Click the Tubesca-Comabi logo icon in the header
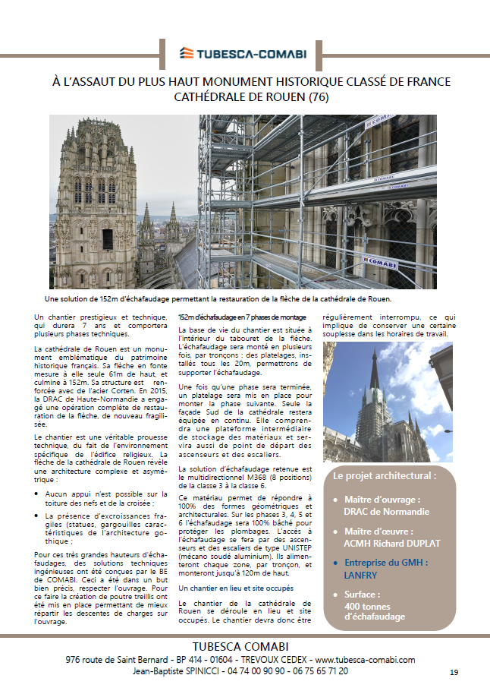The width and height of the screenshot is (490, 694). pos(187,53)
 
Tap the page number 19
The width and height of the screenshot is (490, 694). pos(454,673)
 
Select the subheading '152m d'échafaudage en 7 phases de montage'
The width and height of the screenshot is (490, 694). pos(242,317)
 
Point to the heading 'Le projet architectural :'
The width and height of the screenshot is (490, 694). pos(385,476)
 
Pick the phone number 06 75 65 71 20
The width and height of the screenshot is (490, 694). pos(317,671)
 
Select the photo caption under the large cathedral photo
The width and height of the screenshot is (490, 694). pos(244,300)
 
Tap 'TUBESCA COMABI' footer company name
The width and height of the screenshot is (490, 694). pos(244,646)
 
